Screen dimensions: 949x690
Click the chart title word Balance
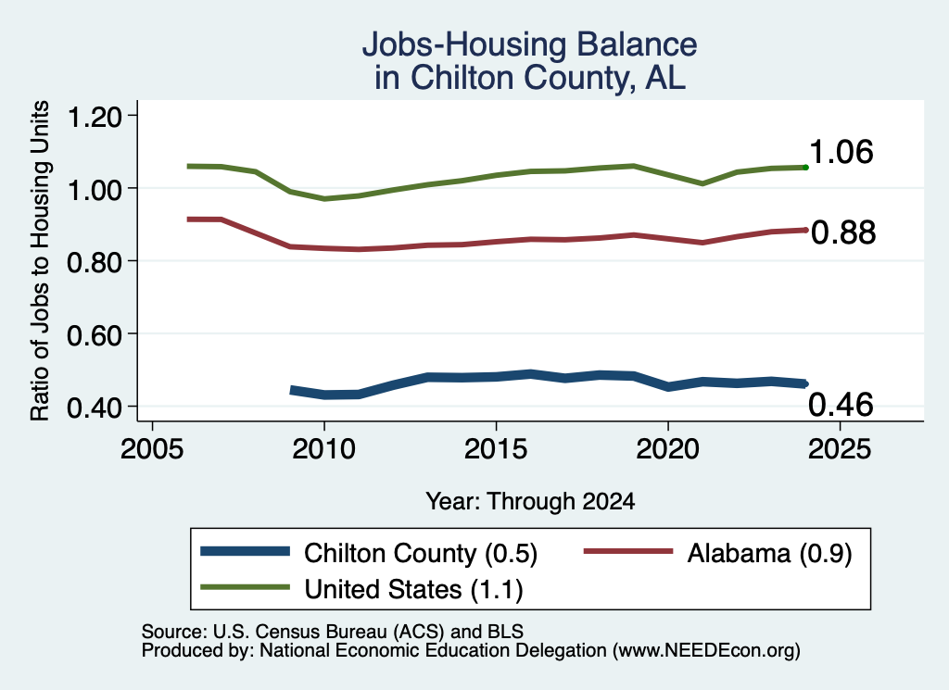636,44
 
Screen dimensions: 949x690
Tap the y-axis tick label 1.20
95,116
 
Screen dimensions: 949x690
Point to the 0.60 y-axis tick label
95,334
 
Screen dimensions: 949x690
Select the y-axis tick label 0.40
95,408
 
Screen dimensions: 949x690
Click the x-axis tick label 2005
153,448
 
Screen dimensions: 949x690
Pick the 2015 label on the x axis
497,448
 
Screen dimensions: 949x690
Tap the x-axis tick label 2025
840,448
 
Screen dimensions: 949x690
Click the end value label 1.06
841,151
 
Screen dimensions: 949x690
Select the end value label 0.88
843,232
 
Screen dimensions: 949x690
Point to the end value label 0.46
841,404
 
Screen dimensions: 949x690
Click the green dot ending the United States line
805,167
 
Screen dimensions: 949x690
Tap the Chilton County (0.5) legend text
421,553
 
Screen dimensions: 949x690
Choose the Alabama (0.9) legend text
769,553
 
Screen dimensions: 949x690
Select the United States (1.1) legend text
414,589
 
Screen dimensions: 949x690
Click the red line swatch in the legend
628,551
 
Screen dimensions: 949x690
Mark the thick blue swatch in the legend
245,551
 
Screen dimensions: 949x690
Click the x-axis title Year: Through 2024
530,501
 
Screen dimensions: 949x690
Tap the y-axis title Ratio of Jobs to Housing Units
40,260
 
